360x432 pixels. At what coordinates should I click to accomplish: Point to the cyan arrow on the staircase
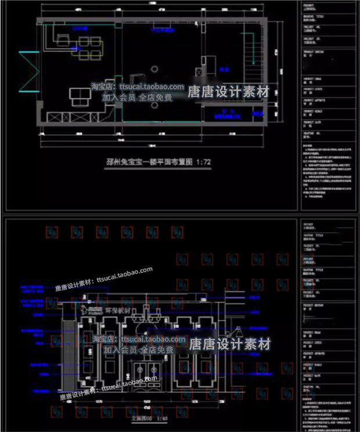(x=253, y=46)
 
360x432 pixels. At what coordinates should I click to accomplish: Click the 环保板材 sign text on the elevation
(x=119, y=311)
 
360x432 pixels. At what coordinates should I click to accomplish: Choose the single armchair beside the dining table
(x=62, y=39)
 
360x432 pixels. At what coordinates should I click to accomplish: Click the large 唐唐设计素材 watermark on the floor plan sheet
(x=228, y=92)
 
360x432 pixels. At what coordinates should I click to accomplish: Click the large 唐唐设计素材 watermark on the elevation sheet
(x=230, y=344)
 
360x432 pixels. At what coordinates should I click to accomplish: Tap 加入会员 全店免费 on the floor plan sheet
(x=137, y=98)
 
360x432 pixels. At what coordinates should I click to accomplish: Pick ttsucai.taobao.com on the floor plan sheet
(x=151, y=87)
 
